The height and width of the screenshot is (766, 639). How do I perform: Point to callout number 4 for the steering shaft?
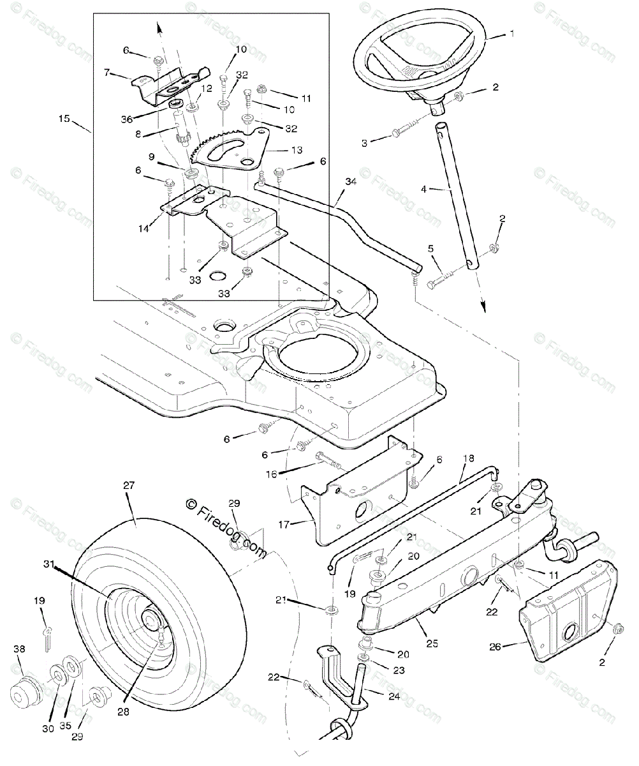coord(423,189)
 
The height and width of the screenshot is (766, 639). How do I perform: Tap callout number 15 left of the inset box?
coord(64,118)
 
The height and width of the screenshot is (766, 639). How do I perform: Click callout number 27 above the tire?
coord(129,484)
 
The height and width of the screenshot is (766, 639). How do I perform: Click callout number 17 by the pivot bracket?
coord(284,524)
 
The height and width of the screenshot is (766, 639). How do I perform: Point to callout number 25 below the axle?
coord(432,643)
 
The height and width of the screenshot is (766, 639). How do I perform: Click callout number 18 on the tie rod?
coord(469,458)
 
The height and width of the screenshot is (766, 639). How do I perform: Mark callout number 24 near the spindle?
coord(393,696)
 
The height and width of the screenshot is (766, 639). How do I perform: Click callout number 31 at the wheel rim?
coord(50,564)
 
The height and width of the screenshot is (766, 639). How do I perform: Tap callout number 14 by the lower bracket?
coord(143,228)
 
